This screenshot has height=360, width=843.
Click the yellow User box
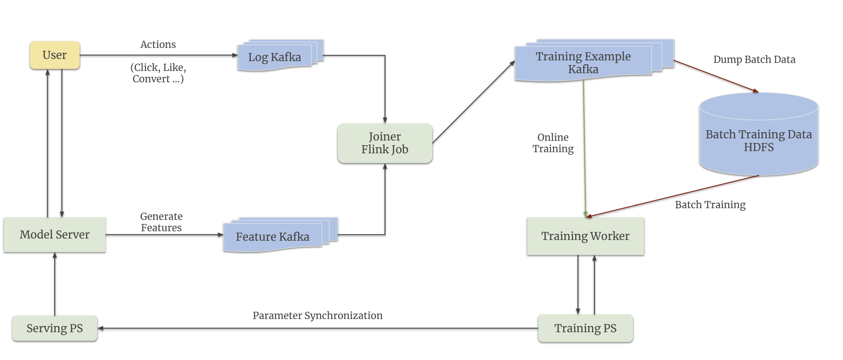point(55,55)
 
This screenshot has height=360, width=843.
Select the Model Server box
point(55,235)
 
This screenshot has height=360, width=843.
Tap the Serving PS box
point(55,328)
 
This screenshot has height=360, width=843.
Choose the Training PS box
point(585,328)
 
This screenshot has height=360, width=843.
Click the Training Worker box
point(585,236)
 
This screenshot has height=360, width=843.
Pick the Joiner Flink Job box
point(385,143)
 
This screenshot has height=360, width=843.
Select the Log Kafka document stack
point(275,57)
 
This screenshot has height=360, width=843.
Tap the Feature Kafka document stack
point(273,237)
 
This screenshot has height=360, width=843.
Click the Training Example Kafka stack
point(583,63)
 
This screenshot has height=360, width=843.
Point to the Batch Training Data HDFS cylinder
point(758,141)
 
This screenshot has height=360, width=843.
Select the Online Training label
point(553,143)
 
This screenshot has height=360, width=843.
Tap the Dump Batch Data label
point(754,59)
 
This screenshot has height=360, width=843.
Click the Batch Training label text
point(710,205)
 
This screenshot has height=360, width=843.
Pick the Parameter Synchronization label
point(317,315)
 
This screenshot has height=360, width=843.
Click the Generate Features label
point(161,222)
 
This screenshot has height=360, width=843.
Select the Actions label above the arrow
point(158,44)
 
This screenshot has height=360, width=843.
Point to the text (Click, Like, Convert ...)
point(158,73)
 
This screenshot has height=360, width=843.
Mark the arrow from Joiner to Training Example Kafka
point(473,102)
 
